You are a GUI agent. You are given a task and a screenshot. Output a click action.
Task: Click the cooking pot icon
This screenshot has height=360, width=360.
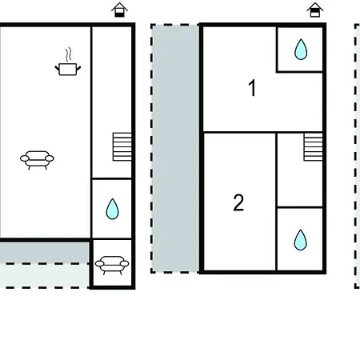(68, 69)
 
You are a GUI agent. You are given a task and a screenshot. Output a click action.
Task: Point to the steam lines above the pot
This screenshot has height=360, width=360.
(69, 54)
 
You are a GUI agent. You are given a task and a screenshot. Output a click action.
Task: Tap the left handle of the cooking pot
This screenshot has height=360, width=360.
(57, 68)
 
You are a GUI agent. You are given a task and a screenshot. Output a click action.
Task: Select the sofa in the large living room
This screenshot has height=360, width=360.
(37, 160)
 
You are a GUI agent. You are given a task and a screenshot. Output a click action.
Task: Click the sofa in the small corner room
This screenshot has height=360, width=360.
(112, 265)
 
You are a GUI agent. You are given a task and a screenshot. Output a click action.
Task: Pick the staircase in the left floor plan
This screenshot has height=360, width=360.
(122, 146)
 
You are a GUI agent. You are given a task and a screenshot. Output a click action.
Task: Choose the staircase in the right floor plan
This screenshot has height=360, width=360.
(313, 146)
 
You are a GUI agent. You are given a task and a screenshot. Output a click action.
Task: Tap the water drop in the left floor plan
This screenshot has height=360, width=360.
(112, 209)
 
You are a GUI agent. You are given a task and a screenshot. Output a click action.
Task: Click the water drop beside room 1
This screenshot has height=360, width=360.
(301, 50)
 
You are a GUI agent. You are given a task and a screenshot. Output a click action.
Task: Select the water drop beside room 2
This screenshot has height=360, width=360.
(301, 240)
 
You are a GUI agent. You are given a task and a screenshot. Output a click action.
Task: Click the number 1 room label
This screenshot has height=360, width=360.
(252, 88)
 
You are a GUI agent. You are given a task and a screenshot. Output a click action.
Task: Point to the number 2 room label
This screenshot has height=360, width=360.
(238, 202)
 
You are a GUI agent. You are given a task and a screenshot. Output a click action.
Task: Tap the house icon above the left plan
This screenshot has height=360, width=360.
(119, 10)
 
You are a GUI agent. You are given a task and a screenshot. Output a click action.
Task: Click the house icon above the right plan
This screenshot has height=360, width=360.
(315, 10)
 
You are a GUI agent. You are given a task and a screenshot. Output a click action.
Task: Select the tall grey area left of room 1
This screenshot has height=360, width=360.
(175, 149)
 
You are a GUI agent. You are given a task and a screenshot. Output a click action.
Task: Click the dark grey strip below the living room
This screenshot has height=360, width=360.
(44, 253)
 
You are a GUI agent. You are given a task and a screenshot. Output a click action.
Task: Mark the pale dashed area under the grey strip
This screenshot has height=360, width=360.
(44, 276)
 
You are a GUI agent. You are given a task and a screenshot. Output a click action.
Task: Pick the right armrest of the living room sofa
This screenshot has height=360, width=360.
(50, 158)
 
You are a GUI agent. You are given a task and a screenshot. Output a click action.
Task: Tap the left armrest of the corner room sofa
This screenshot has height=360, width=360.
(99, 264)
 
